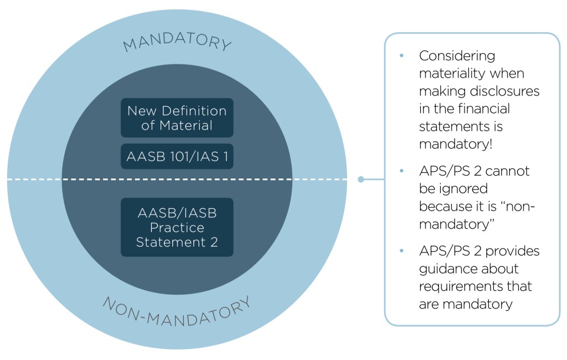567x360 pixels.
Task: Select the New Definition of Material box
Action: tap(177, 117)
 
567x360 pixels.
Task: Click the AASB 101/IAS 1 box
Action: tap(177, 157)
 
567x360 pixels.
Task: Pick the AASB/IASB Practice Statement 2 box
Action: tap(177, 227)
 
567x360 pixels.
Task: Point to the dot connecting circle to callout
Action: tap(361, 179)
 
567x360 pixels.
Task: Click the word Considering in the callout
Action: tap(457, 56)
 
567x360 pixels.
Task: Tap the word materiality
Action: tap(452, 74)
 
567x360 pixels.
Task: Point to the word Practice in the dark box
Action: tap(177, 228)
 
